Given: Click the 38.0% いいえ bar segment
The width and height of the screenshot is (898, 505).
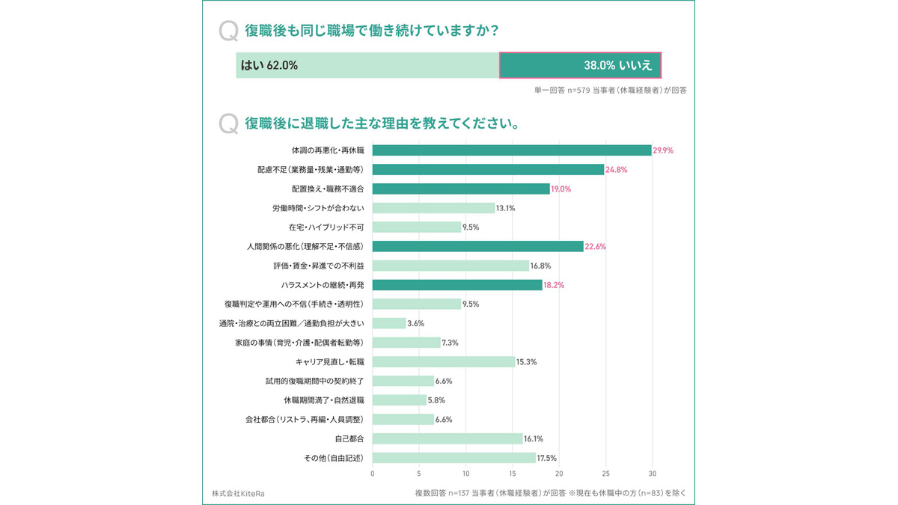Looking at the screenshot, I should click(580, 65).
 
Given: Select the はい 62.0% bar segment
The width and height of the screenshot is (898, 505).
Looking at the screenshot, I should click(367, 65).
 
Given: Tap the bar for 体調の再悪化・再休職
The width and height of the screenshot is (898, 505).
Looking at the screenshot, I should click(512, 150).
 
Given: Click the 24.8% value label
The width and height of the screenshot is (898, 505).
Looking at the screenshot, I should click(616, 170).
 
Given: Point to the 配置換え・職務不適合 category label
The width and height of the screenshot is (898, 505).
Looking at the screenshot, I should click(328, 189).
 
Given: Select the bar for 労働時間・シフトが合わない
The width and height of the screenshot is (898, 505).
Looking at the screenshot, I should click(433, 208).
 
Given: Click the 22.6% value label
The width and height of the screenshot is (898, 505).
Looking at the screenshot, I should click(595, 247).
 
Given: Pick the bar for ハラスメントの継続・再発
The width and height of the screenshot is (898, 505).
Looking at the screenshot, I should click(457, 285).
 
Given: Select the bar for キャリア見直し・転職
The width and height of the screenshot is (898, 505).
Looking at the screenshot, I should click(444, 362).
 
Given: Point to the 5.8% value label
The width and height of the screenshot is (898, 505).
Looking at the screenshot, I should click(437, 400).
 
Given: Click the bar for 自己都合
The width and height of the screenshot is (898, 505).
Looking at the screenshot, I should click(448, 438).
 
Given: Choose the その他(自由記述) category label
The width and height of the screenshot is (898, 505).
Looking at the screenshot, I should click(334, 458).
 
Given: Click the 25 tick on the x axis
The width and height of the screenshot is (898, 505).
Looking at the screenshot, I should click(606, 474).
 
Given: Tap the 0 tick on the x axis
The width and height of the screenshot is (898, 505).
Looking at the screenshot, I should click(373, 474).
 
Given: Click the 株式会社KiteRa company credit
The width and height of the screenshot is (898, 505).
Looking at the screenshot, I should click(238, 493).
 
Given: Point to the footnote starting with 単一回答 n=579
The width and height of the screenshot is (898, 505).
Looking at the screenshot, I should click(610, 90).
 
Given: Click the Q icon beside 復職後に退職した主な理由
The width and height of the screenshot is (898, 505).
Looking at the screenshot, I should click(228, 123).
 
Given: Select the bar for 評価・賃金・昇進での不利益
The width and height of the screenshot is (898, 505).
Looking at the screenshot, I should click(450, 266).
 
